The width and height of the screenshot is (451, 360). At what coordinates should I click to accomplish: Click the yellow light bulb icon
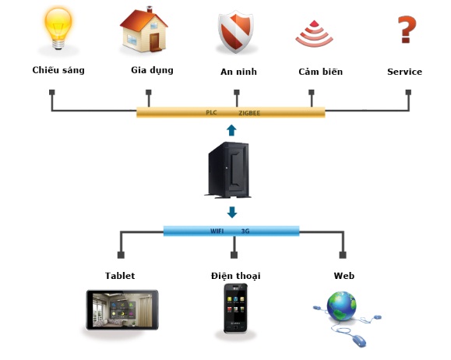pos(58,28)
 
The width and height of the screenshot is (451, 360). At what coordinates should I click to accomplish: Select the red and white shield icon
pos(236,32)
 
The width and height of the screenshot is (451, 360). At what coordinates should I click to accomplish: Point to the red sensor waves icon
pos(314,34)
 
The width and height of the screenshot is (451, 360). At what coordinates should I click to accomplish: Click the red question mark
pos(407,30)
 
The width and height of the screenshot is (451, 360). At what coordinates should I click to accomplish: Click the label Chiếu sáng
pos(58,70)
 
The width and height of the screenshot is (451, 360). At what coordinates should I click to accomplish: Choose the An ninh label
pos(238,72)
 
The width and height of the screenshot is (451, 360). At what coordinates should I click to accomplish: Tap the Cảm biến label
pos(320,72)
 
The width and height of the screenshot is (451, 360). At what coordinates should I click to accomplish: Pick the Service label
pos(404,72)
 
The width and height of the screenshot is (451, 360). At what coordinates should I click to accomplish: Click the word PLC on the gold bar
pos(211,112)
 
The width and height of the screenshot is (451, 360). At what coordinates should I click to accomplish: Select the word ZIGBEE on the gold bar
pos(249,113)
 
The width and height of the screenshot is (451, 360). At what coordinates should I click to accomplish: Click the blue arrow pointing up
pos(231,130)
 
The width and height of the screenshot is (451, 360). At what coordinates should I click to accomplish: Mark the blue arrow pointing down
pos(232,212)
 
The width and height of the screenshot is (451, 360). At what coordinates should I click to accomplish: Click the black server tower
pos(228,170)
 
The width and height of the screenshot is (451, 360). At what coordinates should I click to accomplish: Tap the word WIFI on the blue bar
pos(217,231)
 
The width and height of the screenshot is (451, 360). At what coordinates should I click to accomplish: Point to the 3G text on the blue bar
pos(245,231)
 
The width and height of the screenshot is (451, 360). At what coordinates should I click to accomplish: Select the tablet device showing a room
pos(122,309)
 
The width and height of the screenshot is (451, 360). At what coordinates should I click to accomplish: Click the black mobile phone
pos(235,309)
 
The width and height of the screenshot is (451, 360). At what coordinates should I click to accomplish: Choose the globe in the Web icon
pos(341,306)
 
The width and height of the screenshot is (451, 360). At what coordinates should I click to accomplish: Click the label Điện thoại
pos(235,276)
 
